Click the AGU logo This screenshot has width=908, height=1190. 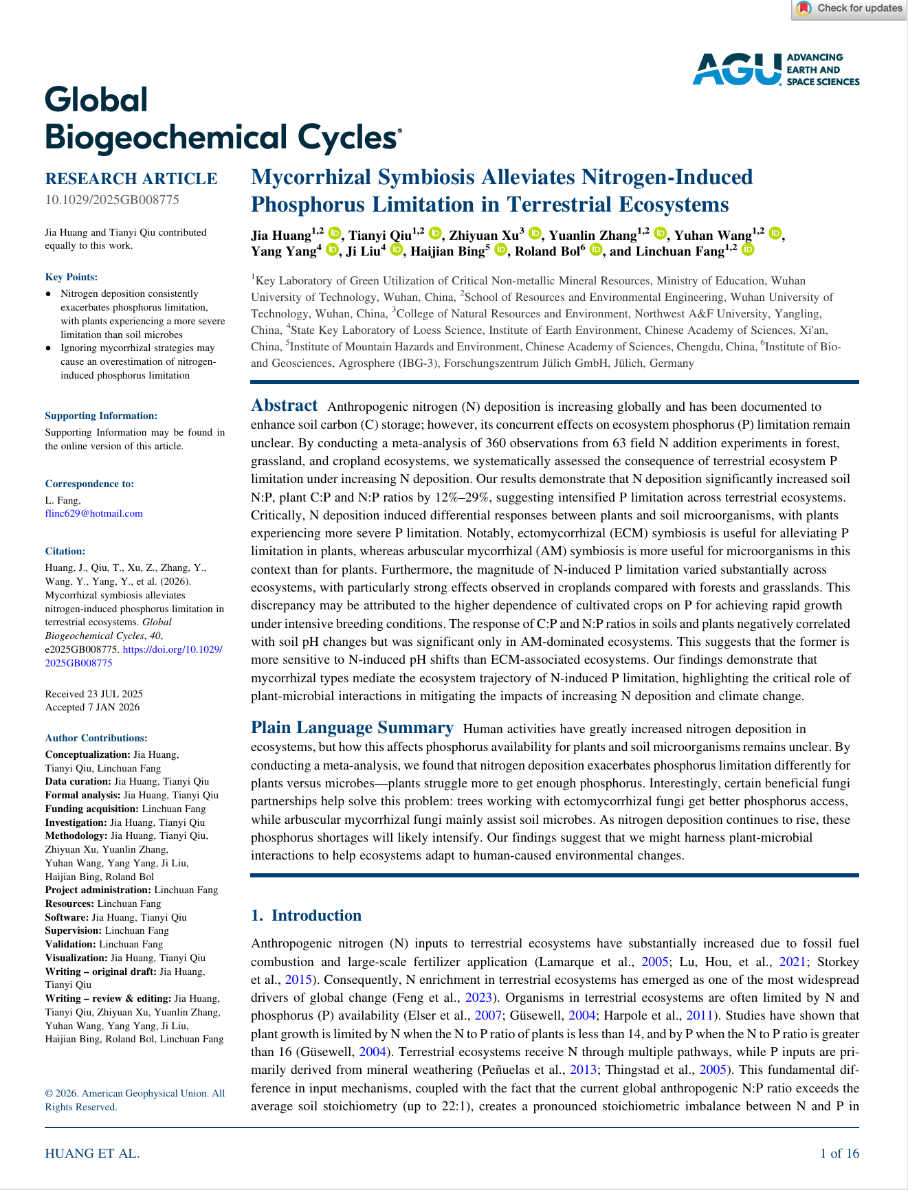[775, 69]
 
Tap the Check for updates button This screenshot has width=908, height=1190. [850, 9]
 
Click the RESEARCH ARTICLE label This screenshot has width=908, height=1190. [131, 179]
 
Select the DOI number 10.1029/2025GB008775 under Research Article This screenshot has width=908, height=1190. [112, 200]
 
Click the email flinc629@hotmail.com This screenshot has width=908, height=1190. [94, 513]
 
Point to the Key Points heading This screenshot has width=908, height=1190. [71, 277]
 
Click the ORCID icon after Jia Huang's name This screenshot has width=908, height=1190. [335, 234]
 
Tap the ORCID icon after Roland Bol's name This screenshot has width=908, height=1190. [596, 250]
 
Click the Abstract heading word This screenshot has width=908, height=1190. [285, 405]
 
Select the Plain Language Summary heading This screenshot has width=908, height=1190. [352, 728]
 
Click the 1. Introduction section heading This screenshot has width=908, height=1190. [306, 915]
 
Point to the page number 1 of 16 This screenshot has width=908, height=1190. [839, 1154]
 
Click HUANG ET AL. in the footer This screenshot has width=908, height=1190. [92, 1154]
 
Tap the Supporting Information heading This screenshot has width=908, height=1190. [101, 416]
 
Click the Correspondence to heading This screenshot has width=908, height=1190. [89, 484]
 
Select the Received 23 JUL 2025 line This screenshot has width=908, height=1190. [94, 694]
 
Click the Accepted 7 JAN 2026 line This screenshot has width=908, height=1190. [92, 707]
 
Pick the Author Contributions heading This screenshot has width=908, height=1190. [96, 738]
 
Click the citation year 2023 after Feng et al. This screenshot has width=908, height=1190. [478, 998]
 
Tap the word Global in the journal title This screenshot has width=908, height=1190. [96, 100]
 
